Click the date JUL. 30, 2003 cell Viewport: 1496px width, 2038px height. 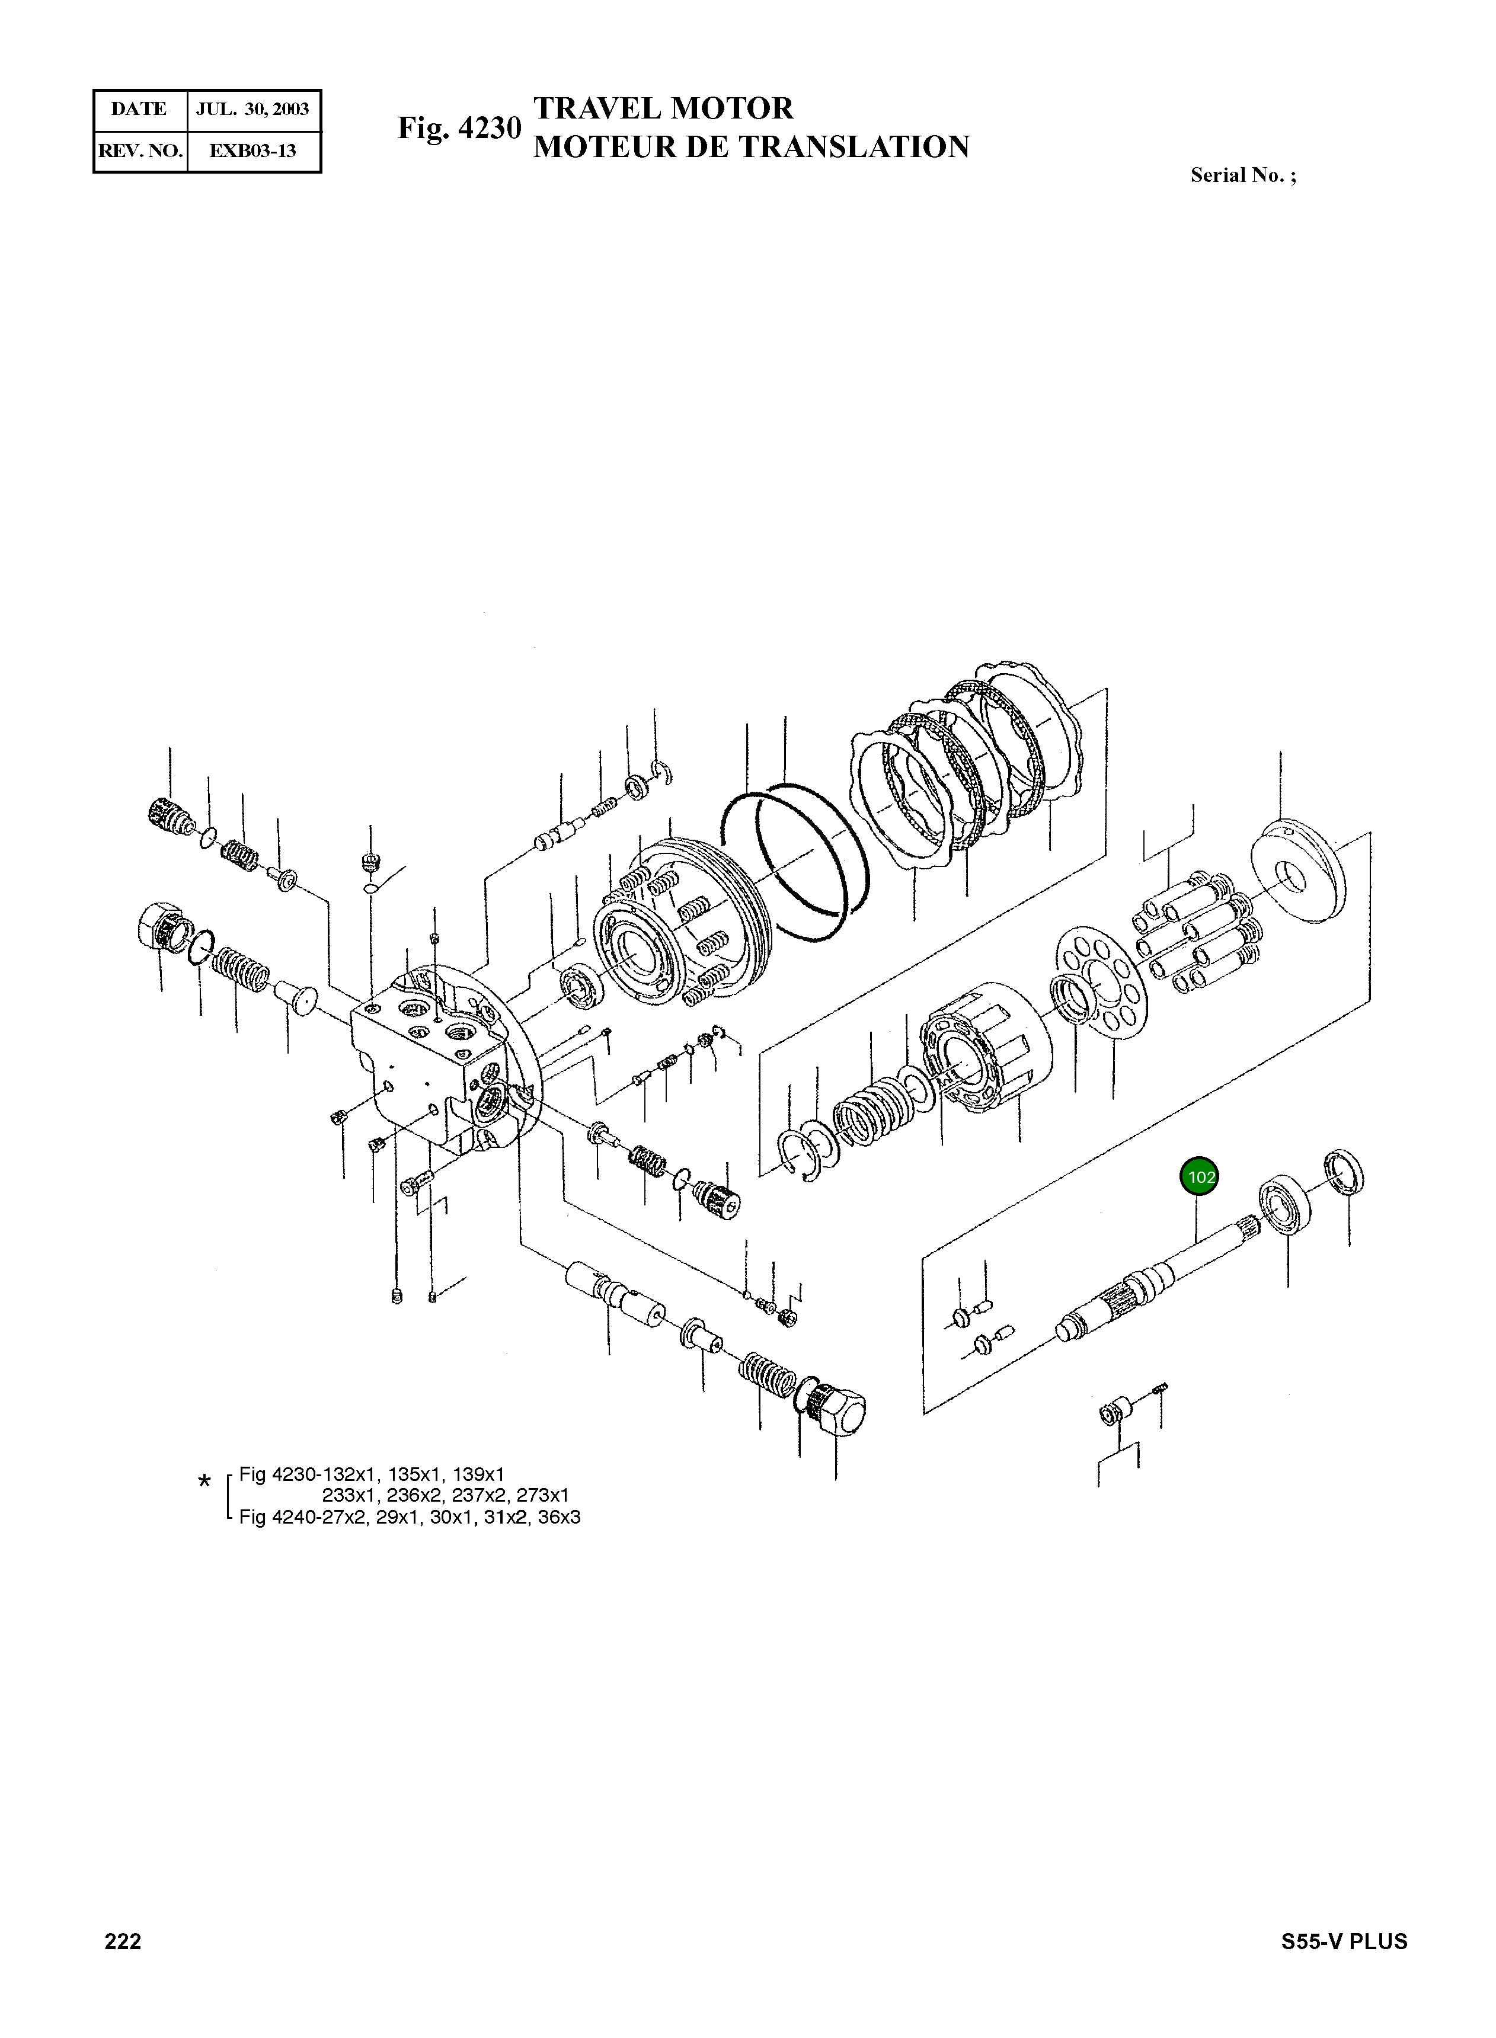[x=252, y=110]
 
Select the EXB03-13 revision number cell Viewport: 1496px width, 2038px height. [x=252, y=151]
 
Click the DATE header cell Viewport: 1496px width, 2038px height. [x=139, y=110]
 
